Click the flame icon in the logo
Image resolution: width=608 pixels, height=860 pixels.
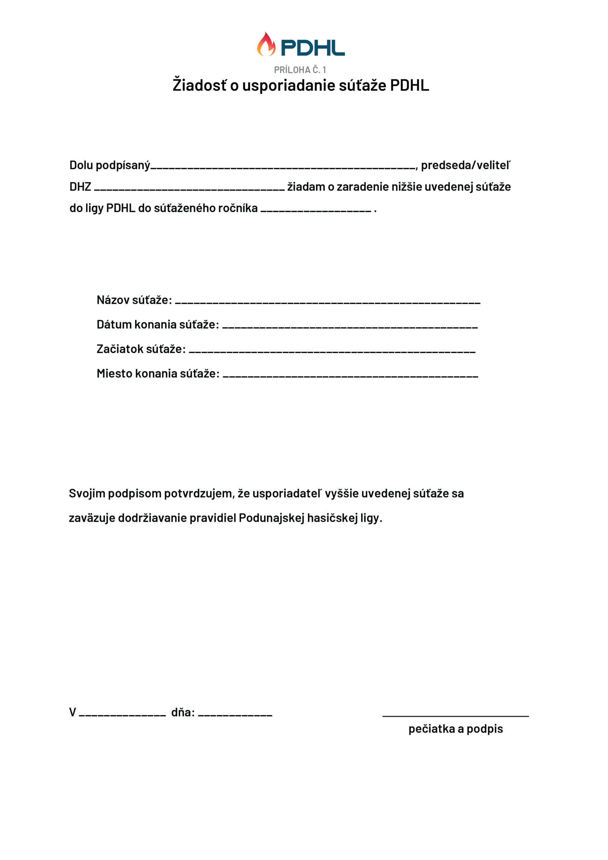point(266,45)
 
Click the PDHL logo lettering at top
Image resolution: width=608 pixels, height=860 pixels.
point(312,48)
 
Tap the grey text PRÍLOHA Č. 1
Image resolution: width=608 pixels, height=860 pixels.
point(300,70)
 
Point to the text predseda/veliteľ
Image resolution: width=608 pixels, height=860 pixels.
point(465,165)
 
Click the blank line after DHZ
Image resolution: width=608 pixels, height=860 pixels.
point(189,189)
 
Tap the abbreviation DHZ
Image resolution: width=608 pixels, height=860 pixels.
point(80,186)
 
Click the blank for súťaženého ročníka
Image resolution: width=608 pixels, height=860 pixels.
point(315,211)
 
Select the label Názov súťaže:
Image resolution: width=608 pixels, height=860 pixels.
point(134,300)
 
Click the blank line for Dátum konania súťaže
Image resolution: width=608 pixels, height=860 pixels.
point(350,327)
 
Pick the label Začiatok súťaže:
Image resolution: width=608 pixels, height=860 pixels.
point(141,349)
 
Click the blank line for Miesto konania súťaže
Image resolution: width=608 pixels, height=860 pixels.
point(350,376)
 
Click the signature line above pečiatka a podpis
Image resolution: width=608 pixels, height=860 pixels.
point(455,716)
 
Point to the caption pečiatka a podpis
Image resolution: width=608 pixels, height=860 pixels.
point(455,729)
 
